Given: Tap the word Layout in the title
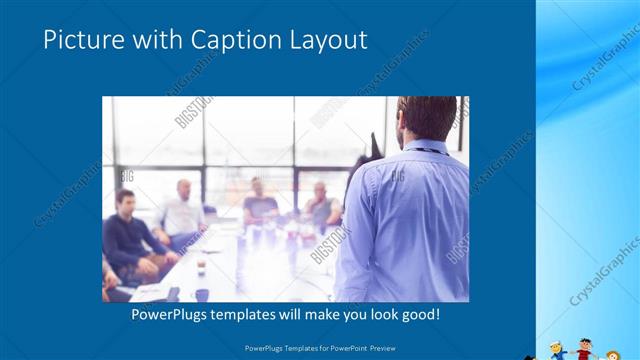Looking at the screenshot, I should coord(330,40).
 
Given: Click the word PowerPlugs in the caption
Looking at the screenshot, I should coord(174,314).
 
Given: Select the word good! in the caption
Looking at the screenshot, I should coord(418,314).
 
